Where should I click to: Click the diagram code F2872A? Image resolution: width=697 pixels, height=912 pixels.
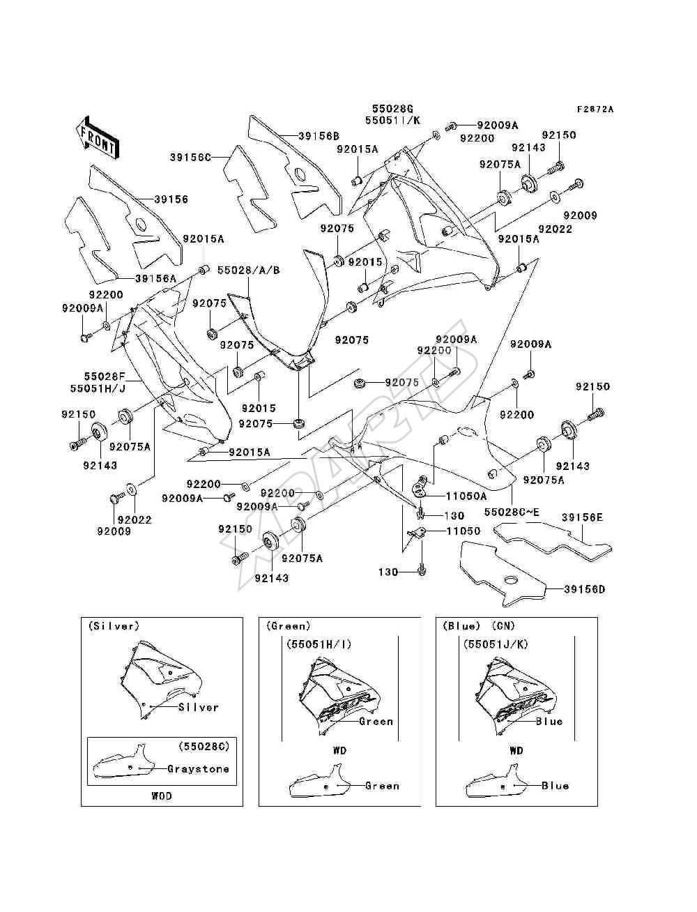pos(595,109)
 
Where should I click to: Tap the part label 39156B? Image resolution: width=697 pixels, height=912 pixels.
pos(319,136)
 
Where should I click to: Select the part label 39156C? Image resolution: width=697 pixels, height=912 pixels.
pos(190,158)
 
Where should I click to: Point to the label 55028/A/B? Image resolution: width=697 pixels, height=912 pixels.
pos(248,271)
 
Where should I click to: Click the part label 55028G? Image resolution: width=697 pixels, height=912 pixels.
pos(392,109)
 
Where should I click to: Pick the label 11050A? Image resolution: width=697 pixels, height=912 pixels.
pos(466,496)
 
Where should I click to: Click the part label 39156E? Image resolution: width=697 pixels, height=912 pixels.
pos(582,517)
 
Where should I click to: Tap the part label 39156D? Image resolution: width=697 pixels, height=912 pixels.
pos(584,589)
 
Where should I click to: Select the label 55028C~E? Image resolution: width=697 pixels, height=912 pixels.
pos(512,512)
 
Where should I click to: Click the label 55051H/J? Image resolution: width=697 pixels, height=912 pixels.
pos(98,388)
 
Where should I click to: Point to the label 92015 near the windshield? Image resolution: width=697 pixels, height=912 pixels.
pos(365,262)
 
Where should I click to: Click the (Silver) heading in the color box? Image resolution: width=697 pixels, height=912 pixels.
pos(114,626)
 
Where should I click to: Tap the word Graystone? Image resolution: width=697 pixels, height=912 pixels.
pos(198,769)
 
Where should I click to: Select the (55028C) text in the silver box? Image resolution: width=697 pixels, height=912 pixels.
pos(204,746)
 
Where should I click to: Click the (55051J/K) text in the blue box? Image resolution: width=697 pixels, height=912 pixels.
pos(496,644)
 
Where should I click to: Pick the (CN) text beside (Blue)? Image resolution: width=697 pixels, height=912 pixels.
pos(503,626)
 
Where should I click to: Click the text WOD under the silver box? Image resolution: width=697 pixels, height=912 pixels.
pos(161,796)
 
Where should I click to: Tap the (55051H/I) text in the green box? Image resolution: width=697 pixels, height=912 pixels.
pos(319,644)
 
